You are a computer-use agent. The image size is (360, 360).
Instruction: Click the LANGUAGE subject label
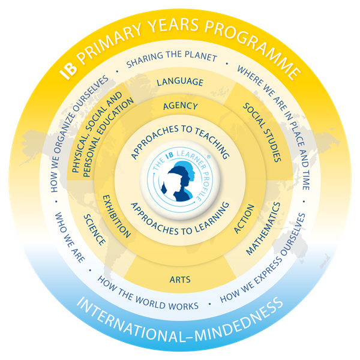[180, 82]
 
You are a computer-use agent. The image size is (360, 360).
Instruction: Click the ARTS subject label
[180, 277]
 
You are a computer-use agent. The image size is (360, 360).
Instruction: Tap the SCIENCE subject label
[95, 228]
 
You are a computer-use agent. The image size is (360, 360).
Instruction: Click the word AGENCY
[180, 106]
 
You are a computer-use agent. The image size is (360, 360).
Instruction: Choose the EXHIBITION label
[118, 216]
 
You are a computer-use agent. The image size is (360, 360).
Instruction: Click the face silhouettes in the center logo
[181, 181]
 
